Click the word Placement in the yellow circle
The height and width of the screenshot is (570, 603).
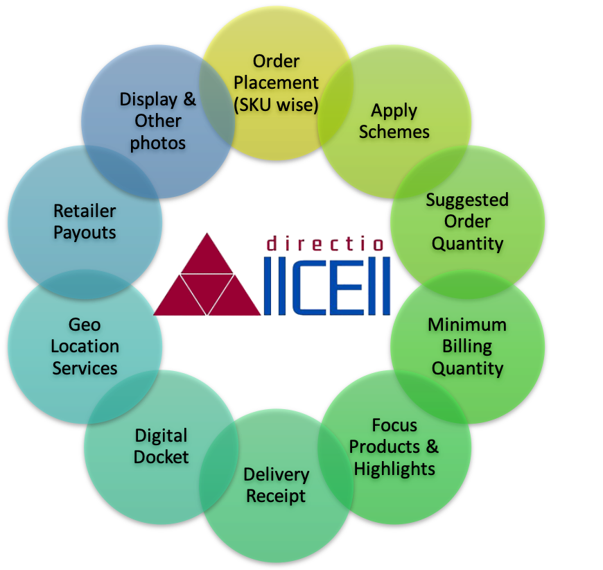[x=276, y=83]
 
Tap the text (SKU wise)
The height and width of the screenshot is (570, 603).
[x=276, y=104]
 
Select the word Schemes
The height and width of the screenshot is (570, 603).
[x=394, y=132]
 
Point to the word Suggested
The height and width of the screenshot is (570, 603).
[x=467, y=200]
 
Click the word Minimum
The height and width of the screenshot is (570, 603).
[x=467, y=325]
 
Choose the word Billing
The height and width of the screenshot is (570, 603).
[x=467, y=346]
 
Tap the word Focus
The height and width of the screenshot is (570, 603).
[x=394, y=424]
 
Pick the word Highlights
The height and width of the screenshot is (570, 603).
[x=394, y=468]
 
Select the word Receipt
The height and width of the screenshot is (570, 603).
[x=276, y=496]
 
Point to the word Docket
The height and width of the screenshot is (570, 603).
[x=161, y=457]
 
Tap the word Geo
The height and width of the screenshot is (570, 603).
[x=85, y=325]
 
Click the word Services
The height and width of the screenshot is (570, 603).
[x=85, y=368]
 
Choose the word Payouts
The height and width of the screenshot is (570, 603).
[x=85, y=232]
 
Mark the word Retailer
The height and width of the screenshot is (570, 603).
[x=85, y=210]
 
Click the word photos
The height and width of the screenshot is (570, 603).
[x=158, y=143]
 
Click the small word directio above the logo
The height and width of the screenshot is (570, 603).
[x=326, y=243]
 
